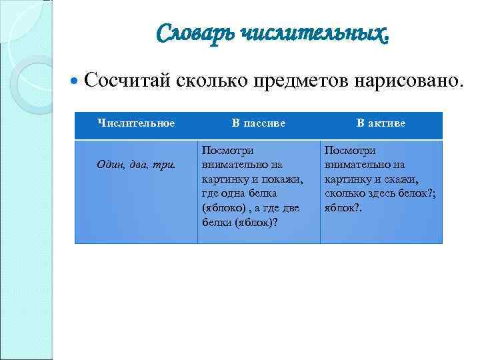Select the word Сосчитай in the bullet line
tap(128, 81)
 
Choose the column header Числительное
tap(136, 123)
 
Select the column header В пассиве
tap(259, 123)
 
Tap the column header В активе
tap(381, 123)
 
